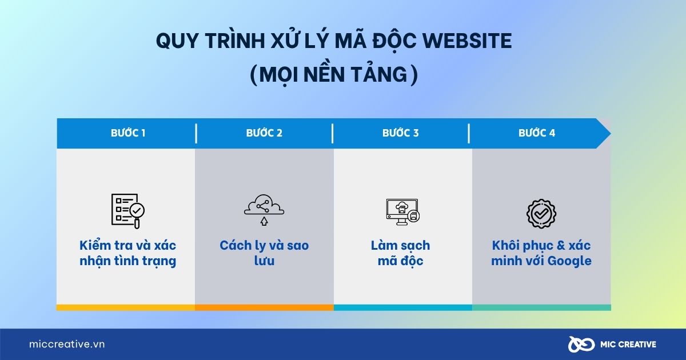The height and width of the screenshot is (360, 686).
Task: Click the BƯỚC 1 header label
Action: [x=128, y=133]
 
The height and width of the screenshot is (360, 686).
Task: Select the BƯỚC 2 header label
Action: [x=264, y=133]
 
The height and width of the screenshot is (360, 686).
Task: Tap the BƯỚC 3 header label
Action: [x=400, y=133]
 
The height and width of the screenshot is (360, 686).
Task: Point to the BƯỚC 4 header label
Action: [x=537, y=133]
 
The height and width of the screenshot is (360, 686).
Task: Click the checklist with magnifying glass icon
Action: [x=128, y=211]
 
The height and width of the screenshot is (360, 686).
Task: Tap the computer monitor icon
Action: [x=402, y=212]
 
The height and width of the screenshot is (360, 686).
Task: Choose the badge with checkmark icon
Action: [x=541, y=213]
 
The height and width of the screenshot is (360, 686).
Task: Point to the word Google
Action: [x=569, y=261]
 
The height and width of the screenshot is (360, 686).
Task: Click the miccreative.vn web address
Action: [x=67, y=344]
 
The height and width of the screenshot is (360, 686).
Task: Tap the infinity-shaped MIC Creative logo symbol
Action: [x=581, y=345]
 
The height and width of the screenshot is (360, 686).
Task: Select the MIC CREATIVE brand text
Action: [x=628, y=345]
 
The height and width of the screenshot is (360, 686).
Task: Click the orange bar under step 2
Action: [x=264, y=307]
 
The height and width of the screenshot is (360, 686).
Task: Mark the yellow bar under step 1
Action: [x=126, y=307]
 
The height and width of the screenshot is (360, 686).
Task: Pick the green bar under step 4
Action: [x=541, y=307]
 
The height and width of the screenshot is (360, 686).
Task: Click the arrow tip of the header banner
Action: [x=611, y=134]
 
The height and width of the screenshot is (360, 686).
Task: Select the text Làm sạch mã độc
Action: [x=400, y=253]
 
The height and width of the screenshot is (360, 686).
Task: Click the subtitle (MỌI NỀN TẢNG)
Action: [x=334, y=75]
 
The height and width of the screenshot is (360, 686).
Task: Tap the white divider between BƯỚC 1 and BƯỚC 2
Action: [x=196, y=134]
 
